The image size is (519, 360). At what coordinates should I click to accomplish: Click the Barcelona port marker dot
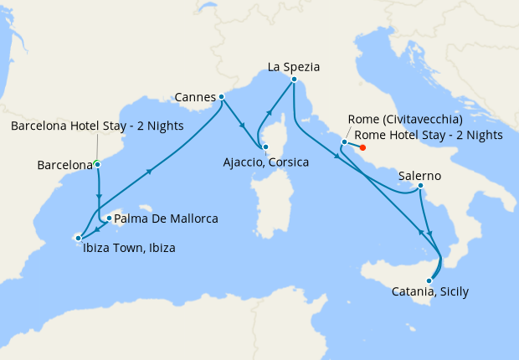point(98,164)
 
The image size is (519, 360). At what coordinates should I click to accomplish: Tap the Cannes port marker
point(221,97)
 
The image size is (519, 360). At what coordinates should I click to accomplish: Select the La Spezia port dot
point(294,80)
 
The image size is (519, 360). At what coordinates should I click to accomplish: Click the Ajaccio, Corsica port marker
point(265,148)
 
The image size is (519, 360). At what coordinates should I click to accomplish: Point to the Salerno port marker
point(419,186)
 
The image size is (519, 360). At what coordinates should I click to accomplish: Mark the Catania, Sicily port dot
point(430,281)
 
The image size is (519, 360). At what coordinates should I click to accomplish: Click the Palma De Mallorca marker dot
point(109,219)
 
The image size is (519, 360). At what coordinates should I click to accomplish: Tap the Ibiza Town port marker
point(78,238)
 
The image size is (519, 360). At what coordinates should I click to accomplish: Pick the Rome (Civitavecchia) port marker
point(344,142)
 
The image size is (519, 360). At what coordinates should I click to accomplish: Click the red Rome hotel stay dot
point(362,148)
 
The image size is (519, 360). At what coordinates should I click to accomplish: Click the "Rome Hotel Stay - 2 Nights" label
point(429,135)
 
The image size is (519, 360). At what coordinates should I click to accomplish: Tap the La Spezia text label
point(294,66)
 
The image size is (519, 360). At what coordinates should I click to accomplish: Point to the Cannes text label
point(194,97)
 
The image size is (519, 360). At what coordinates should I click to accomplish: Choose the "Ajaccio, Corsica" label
point(266,162)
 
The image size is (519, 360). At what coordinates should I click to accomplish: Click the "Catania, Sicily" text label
point(430,292)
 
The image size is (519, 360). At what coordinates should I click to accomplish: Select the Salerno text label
point(419,177)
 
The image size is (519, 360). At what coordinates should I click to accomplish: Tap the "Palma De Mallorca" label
point(166,219)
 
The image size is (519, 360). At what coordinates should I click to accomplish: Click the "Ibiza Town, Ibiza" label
point(129,248)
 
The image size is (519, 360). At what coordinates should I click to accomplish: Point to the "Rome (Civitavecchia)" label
point(409,120)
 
